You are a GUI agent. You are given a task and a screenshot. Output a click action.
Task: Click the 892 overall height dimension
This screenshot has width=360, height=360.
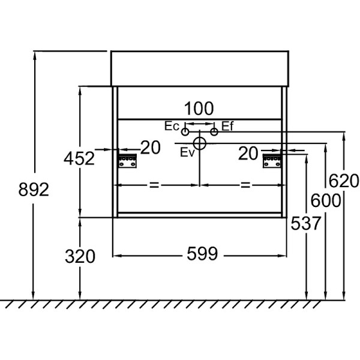pyautogui.click(x=34, y=190)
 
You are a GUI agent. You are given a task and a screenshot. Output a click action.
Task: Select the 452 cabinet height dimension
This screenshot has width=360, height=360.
pyautogui.click(x=79, y=158)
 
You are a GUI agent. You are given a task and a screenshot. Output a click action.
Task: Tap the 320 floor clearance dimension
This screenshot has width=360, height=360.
pyautogui.click(x=80, y=256)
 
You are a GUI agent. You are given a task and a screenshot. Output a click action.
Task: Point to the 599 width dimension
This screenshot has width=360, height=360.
pyautogui.click(x=202, y=254)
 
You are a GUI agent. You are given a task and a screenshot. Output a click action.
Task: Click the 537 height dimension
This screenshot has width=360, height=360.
pyautogui.click(x=305, y=223)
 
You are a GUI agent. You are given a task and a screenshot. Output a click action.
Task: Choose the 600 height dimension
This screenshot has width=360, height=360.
pyautogui.click(x=326, y=200)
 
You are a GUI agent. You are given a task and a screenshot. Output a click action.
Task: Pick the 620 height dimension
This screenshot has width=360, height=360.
pyautogui.click(x=344, y=181)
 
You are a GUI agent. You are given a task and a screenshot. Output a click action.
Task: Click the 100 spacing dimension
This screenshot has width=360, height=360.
pyautogui.click(x=199, y=109)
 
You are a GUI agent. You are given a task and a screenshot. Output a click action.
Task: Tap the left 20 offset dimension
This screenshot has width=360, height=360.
pyautogui.click(x=151, y=148)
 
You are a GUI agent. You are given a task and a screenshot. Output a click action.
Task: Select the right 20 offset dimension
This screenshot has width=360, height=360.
pyautogui.click(x=248, y=153)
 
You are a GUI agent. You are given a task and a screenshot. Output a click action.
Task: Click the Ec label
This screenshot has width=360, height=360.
pyautogui.click(x=172, y=126)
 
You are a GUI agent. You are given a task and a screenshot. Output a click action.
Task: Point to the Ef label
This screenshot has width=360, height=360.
pyautogui.click(x=227, y=126)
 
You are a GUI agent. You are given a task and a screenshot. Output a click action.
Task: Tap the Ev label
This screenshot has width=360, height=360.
pyautogui.click(x=187, y=152)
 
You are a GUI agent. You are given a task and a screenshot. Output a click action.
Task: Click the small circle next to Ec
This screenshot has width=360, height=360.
pyautogui.click(x=185, y=132)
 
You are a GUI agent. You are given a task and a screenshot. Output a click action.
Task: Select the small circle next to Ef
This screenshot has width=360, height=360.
pyautogui.click(x=214, y=132)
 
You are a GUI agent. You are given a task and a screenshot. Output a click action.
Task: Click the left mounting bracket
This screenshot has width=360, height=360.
pyautogui.click(x=127, y=161)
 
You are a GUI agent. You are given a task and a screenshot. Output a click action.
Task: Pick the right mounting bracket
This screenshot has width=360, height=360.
pyautogui.click(x=272, y=161)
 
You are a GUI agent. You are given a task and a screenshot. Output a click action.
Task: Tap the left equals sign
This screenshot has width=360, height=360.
pyautogui.click(x=154, y=185)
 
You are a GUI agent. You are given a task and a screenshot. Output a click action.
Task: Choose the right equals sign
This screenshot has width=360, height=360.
pyautogui.click(x=245, y=185)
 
